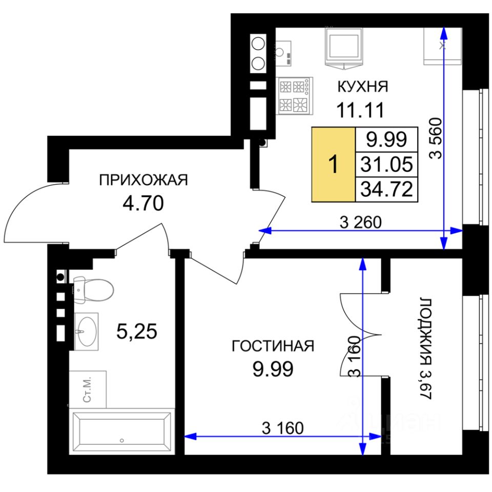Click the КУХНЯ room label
[362, 86]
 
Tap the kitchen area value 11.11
[360, 110]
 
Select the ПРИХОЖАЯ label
[143, 180]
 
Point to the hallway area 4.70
[143, 203]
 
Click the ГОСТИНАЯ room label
[273, 346]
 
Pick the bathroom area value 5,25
[136, 332]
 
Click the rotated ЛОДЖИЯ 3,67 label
[425, 348]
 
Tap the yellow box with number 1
[333, 164]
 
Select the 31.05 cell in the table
[386, 164]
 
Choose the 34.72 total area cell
[386, 189]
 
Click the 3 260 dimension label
[360, 222]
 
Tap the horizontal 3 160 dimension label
[283, 428]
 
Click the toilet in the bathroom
[93, 290]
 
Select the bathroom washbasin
[86, 332]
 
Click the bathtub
[122, 431]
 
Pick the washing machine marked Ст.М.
[88, 389]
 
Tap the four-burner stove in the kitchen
[296, 96]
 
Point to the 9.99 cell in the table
[386, 139]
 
